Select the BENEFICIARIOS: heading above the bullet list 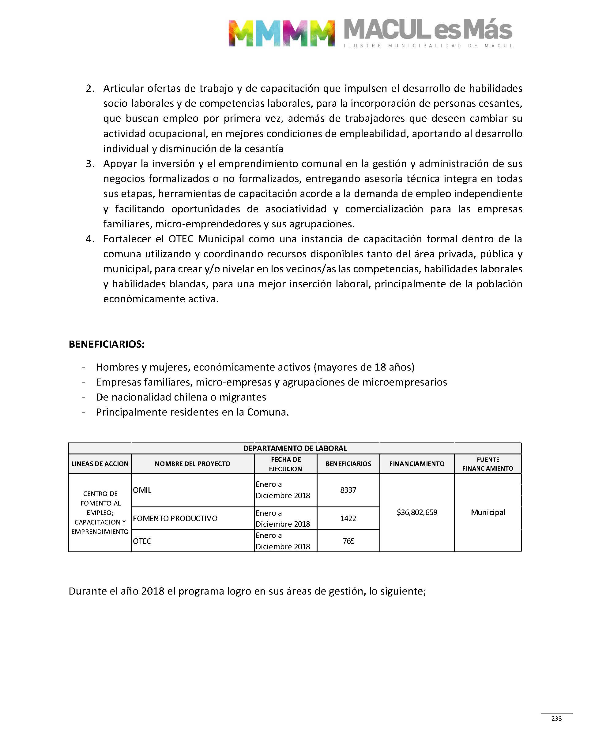pos(107,344)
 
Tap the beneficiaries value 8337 pos(348,490)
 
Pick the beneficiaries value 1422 pos(348,518)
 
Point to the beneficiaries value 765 pos(348,541)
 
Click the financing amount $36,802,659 pos(417,512)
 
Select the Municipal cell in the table pos(488,512)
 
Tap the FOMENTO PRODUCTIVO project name pos(175,518)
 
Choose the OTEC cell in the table pos(142,541)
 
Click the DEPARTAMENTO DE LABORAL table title pos(295,448)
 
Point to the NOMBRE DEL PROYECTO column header pos(192,464)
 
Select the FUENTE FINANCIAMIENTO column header pos(488,464)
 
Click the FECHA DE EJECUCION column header pos(286,464)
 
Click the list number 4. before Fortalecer pos(90,239)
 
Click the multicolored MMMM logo pos(281,33)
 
